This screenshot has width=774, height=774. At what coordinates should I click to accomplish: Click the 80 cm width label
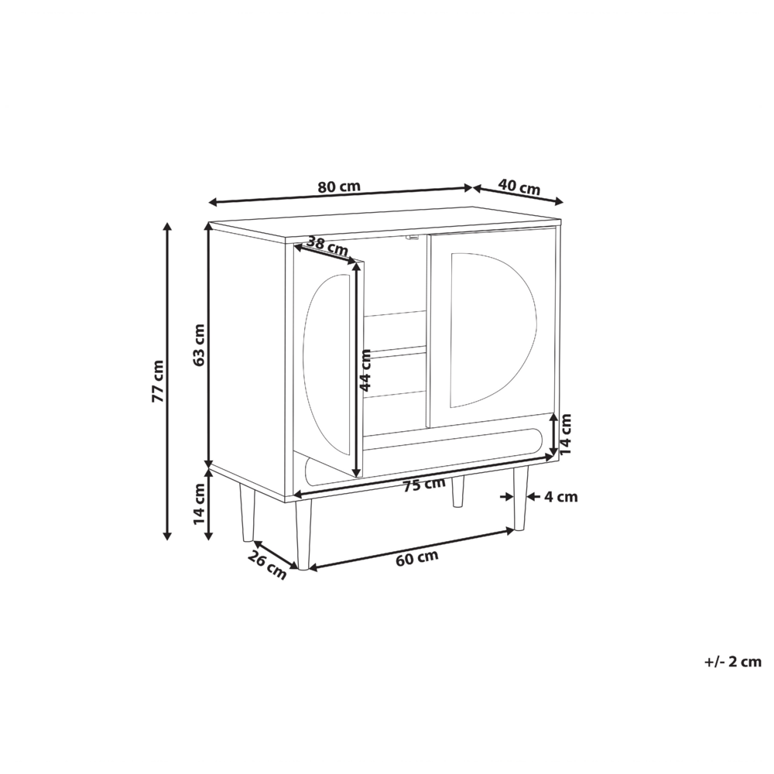tap(339, 187)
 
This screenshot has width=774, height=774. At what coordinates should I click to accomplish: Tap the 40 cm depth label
tap(519, 187)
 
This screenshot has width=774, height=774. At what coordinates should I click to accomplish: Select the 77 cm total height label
tap(157, 381)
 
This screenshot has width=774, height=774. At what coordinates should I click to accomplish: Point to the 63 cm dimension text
tap(199, 344)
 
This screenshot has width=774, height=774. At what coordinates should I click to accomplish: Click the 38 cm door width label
tap(327, 245)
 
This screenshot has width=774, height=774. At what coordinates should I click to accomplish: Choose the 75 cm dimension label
tap(423, 485)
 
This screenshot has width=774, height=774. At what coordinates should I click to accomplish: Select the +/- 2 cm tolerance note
tap(733, 662)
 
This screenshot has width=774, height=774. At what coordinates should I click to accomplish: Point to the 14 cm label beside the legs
tap(199, 502)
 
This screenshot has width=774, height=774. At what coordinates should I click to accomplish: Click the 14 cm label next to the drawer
tap(566, 433)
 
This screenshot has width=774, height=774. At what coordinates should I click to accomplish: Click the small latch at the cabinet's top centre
tap(413, 237)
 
